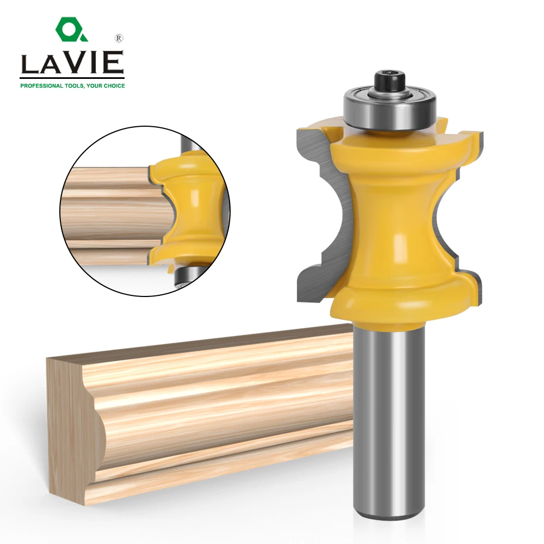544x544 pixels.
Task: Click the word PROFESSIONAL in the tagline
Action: point(40,86)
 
